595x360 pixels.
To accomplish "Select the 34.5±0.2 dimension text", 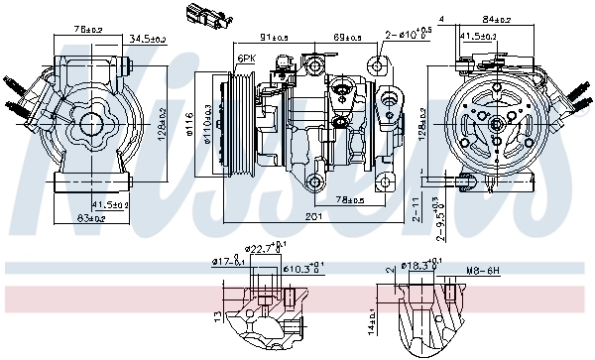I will (148, 39).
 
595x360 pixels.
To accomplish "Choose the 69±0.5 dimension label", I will (346, 37).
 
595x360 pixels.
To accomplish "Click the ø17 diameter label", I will (226, 262).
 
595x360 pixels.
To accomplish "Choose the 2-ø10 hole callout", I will (409, 35).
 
